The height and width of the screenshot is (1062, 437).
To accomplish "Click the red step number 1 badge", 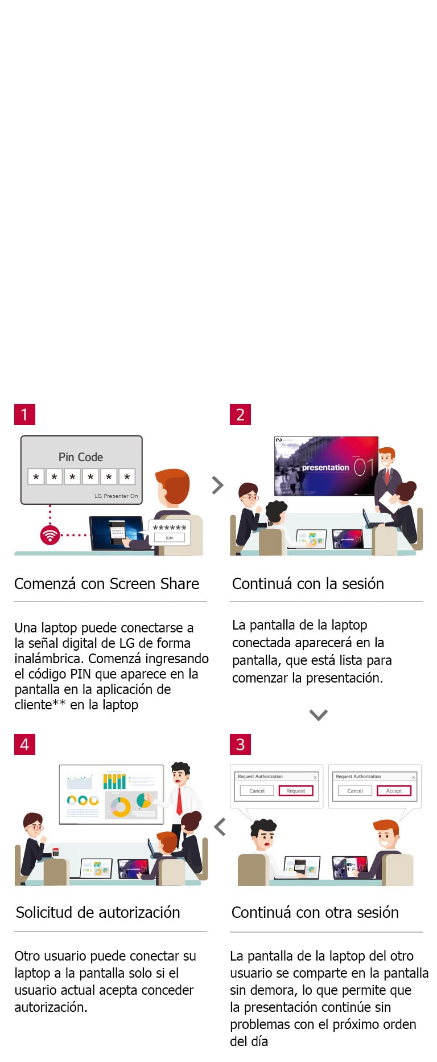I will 24,414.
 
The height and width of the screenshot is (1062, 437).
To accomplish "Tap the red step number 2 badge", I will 240,414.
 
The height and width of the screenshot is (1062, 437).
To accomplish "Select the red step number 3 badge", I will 240,744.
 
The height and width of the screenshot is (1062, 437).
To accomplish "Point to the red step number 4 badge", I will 24,744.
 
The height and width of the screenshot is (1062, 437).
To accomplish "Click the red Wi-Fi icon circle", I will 50,535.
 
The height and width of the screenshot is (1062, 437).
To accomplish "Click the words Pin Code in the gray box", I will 81,457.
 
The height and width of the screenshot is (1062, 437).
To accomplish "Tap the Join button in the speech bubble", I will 169,537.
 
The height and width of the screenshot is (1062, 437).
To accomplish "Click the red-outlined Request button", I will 296,791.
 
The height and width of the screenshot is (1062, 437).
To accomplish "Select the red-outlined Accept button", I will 394,791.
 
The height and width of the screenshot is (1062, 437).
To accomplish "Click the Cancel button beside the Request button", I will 257,791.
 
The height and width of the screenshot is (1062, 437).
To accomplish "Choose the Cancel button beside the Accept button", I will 355,791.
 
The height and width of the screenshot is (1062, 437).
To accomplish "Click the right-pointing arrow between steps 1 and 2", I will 217,485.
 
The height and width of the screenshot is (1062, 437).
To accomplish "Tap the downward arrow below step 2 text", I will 318,714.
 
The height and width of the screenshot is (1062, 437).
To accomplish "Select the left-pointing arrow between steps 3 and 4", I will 220,827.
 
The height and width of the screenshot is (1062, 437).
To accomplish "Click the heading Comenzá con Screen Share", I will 106,584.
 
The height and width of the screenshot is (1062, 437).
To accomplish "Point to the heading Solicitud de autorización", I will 98,913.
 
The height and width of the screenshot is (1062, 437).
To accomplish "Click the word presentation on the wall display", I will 325,467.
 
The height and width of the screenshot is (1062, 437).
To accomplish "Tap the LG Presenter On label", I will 116,496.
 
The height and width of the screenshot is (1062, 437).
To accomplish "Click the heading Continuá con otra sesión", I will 315,913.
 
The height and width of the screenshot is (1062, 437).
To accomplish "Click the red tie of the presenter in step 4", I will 179,800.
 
